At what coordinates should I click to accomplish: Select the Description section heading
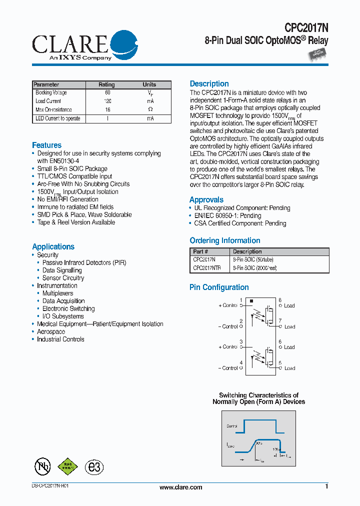pos(209,84)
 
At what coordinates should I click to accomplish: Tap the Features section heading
pos(46,145)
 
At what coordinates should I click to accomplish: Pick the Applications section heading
pos(53,247)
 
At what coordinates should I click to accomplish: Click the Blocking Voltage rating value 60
pos(107,93)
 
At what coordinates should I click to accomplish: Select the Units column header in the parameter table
pos(149,84)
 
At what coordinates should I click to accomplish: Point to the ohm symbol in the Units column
pos(150,109)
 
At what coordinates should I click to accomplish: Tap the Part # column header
pos(200,251)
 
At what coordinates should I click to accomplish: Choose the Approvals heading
pos(206,200)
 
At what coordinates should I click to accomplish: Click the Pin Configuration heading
pos(219,287)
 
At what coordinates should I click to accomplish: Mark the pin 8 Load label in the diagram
pos(289,305)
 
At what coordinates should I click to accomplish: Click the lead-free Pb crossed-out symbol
pos(42,466)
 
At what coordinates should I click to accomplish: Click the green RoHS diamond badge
pos(68,466)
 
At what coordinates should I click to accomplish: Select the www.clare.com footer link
pos(180,487)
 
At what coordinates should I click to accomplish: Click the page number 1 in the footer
pos(326,486)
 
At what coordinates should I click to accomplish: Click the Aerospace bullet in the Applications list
pos(51,332)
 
